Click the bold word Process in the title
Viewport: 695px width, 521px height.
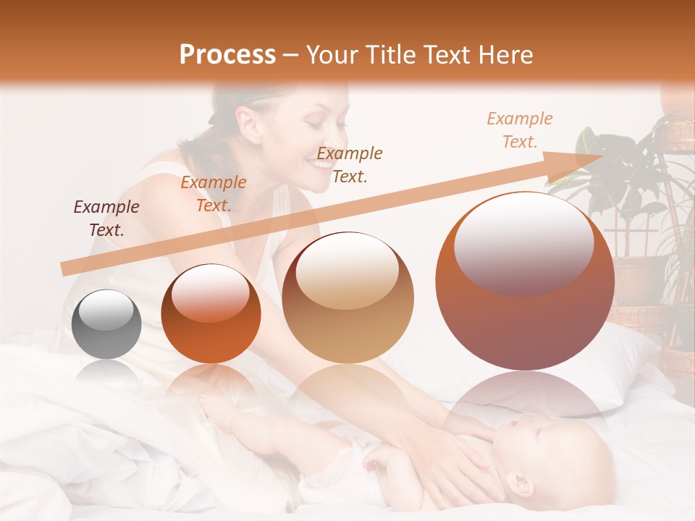[x=227, y=55]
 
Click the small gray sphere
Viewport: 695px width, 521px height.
[x=107, y=324]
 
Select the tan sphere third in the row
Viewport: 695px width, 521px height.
[x=347, y=298]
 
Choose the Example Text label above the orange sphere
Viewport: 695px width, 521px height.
[x=213, y=194]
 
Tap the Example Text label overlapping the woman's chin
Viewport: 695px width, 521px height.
[x=350, y=164]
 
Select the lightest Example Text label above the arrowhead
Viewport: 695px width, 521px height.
[x=519, y=130]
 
